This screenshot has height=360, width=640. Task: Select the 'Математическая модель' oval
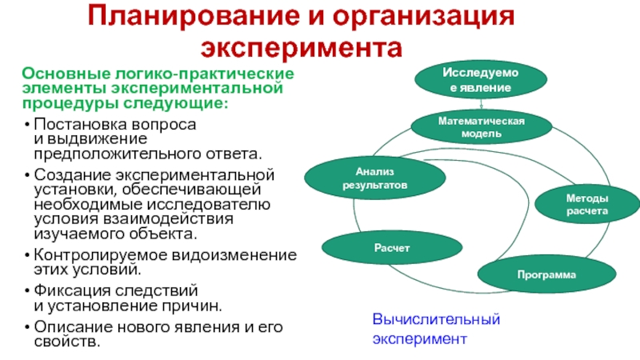[482, 126]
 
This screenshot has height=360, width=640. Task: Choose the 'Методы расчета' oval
[587, 205]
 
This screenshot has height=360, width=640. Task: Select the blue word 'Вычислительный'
[436, 319]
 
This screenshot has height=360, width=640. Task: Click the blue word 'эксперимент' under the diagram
[419, 338]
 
